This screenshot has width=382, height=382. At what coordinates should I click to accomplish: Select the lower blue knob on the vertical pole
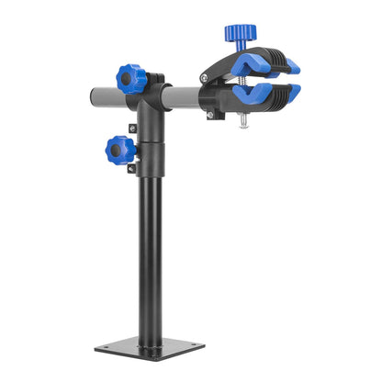point(119,147)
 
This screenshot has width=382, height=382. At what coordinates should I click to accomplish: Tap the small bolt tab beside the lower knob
point(134,129)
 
